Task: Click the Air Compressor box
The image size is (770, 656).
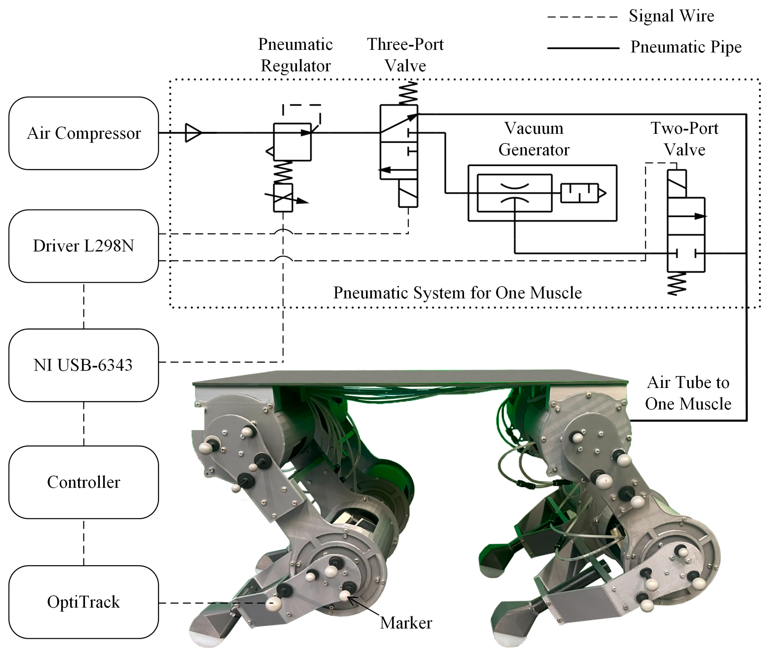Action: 84,133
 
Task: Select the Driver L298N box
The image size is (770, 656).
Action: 84,246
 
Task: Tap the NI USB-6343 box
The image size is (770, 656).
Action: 84,365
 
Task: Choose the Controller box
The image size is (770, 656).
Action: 84,482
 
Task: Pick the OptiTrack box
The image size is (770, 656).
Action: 84,602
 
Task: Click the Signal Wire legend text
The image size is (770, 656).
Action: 671,16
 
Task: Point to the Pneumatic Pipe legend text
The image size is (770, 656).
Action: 686,47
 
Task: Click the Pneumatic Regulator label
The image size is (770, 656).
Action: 295,55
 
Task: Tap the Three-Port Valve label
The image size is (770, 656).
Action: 405,55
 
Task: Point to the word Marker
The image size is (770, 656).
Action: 406,623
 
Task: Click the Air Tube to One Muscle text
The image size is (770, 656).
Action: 688,393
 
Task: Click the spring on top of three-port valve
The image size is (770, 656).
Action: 408,93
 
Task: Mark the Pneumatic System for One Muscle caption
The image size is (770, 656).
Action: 457,293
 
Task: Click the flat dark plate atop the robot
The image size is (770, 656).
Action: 409,377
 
